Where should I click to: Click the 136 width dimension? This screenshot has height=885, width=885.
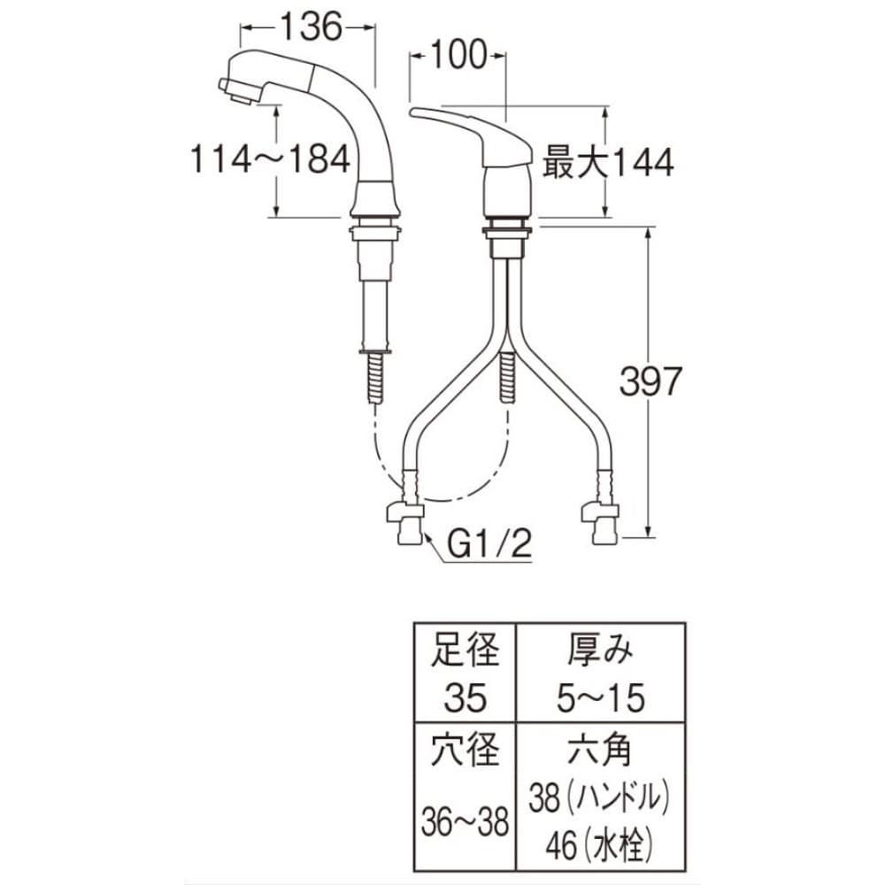(312, 27)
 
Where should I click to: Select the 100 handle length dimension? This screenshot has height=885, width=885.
(458, 55)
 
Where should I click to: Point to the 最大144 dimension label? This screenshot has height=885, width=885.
(608, 163)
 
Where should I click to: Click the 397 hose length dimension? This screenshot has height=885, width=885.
(650, 381)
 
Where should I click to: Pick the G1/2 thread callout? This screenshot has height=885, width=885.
(489, 545)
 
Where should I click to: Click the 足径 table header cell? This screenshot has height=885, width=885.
(466, 649)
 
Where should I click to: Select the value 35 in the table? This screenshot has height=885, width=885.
(466, 697)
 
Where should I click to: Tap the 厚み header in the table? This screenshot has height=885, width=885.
(600, 649)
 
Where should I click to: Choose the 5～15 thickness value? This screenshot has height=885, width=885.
(601, 697)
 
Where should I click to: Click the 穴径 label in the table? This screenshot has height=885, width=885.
(466, 750)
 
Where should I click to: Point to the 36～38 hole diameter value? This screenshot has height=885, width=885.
(466, 822)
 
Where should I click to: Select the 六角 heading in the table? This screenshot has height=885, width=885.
(600, 750)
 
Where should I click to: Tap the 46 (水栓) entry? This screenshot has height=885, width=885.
(599, 846)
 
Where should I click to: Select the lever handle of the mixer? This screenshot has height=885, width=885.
(472, 135)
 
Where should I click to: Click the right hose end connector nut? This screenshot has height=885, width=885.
(601, 524)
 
